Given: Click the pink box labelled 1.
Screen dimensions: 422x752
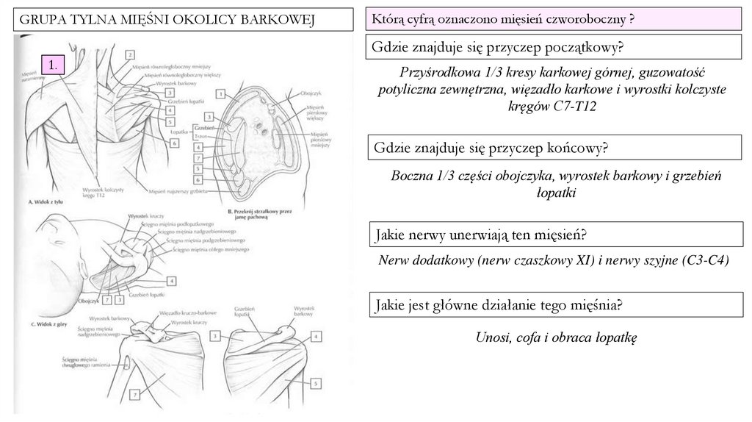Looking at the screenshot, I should click(54, 65).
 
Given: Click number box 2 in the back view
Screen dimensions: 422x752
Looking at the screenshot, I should click(129, 54).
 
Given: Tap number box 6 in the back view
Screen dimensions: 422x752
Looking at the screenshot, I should click(175, 143).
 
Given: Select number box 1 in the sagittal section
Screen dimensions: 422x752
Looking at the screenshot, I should click(220, 94).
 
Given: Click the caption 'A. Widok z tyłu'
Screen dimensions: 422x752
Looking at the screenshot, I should click(43, 200).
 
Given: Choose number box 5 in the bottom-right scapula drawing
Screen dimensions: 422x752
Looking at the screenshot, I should click(315, 383).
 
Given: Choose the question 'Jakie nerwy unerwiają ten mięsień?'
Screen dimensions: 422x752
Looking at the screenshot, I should click(480, 235).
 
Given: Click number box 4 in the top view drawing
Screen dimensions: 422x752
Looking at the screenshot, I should click(171, 280).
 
